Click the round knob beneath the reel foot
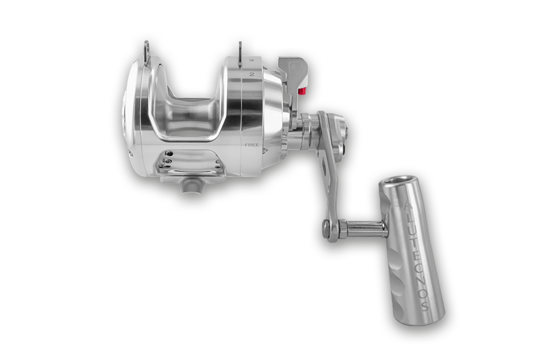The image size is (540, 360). pos(190,184)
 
